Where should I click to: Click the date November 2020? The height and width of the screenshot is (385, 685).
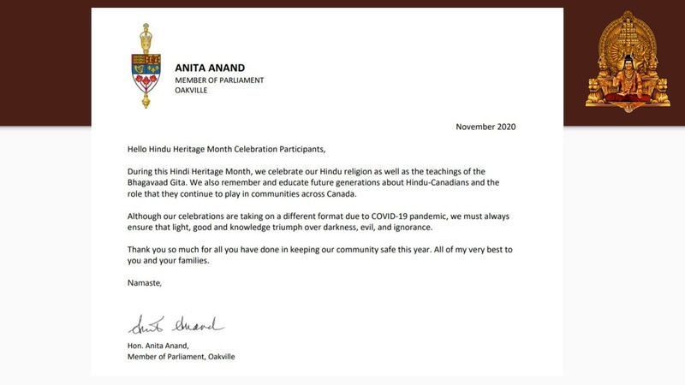[485, 127]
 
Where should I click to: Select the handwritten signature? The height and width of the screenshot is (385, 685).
[176, 324]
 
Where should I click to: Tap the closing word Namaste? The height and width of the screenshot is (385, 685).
[143, 282]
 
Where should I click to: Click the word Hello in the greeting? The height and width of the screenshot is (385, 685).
[138, 148]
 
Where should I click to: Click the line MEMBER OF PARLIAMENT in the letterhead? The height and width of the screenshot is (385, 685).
[219, 80]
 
